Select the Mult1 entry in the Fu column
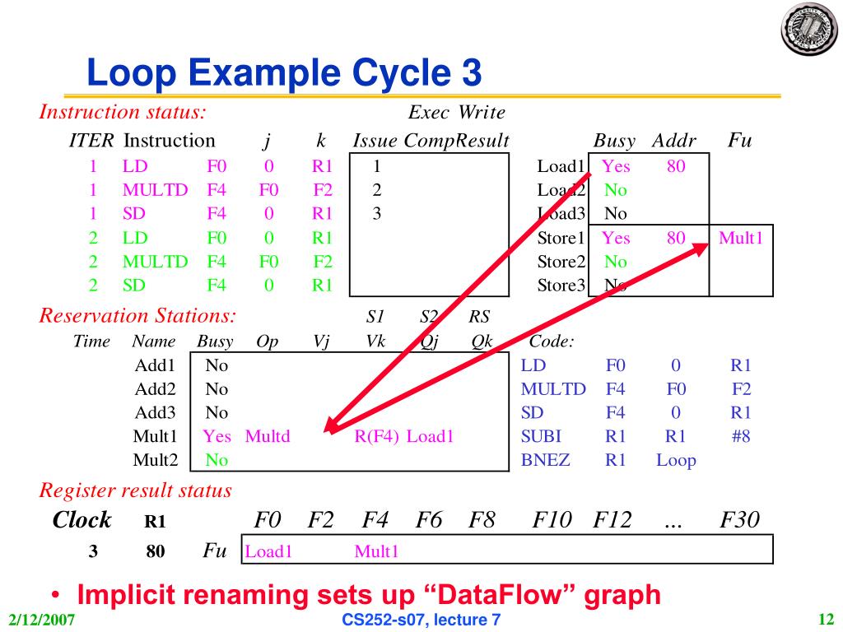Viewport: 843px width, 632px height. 741,239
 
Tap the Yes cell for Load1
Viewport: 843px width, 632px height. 616,166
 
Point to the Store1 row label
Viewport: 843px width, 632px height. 561,239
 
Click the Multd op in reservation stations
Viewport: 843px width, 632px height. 268,436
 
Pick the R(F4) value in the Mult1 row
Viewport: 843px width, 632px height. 377,436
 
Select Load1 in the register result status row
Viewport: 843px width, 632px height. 268,551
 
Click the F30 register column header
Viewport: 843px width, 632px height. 739,520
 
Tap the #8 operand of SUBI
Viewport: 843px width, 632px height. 740,436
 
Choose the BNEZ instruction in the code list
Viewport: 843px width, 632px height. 545,460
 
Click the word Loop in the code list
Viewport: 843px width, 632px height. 676,460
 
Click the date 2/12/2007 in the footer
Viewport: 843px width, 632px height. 38,620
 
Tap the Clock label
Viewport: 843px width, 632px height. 82,520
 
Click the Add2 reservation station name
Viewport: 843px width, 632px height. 153,388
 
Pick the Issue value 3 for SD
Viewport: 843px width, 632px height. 376,214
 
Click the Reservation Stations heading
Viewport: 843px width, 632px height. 137,315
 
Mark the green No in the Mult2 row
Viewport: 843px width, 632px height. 217,460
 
